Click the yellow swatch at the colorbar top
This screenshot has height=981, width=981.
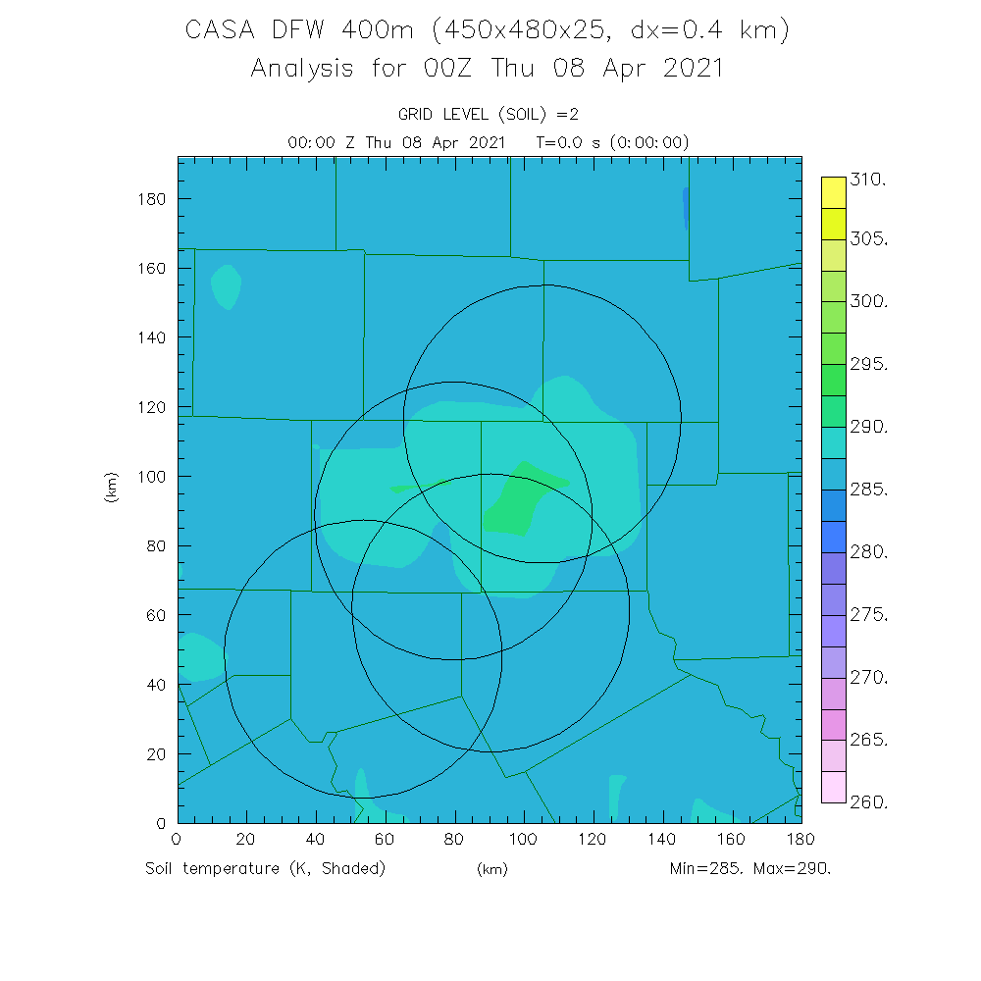(x=833, y=192)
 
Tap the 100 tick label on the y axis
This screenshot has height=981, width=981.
(x=153, y=476)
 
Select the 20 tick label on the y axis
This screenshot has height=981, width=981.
(x=157, y=753)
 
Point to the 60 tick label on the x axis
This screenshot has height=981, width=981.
(x=385, y=840)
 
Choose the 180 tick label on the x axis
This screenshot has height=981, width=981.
(x=800, y=840)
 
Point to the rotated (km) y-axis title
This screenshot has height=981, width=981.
(x=111, y=488)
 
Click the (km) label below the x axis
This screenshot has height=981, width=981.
(x=491, y=869)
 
